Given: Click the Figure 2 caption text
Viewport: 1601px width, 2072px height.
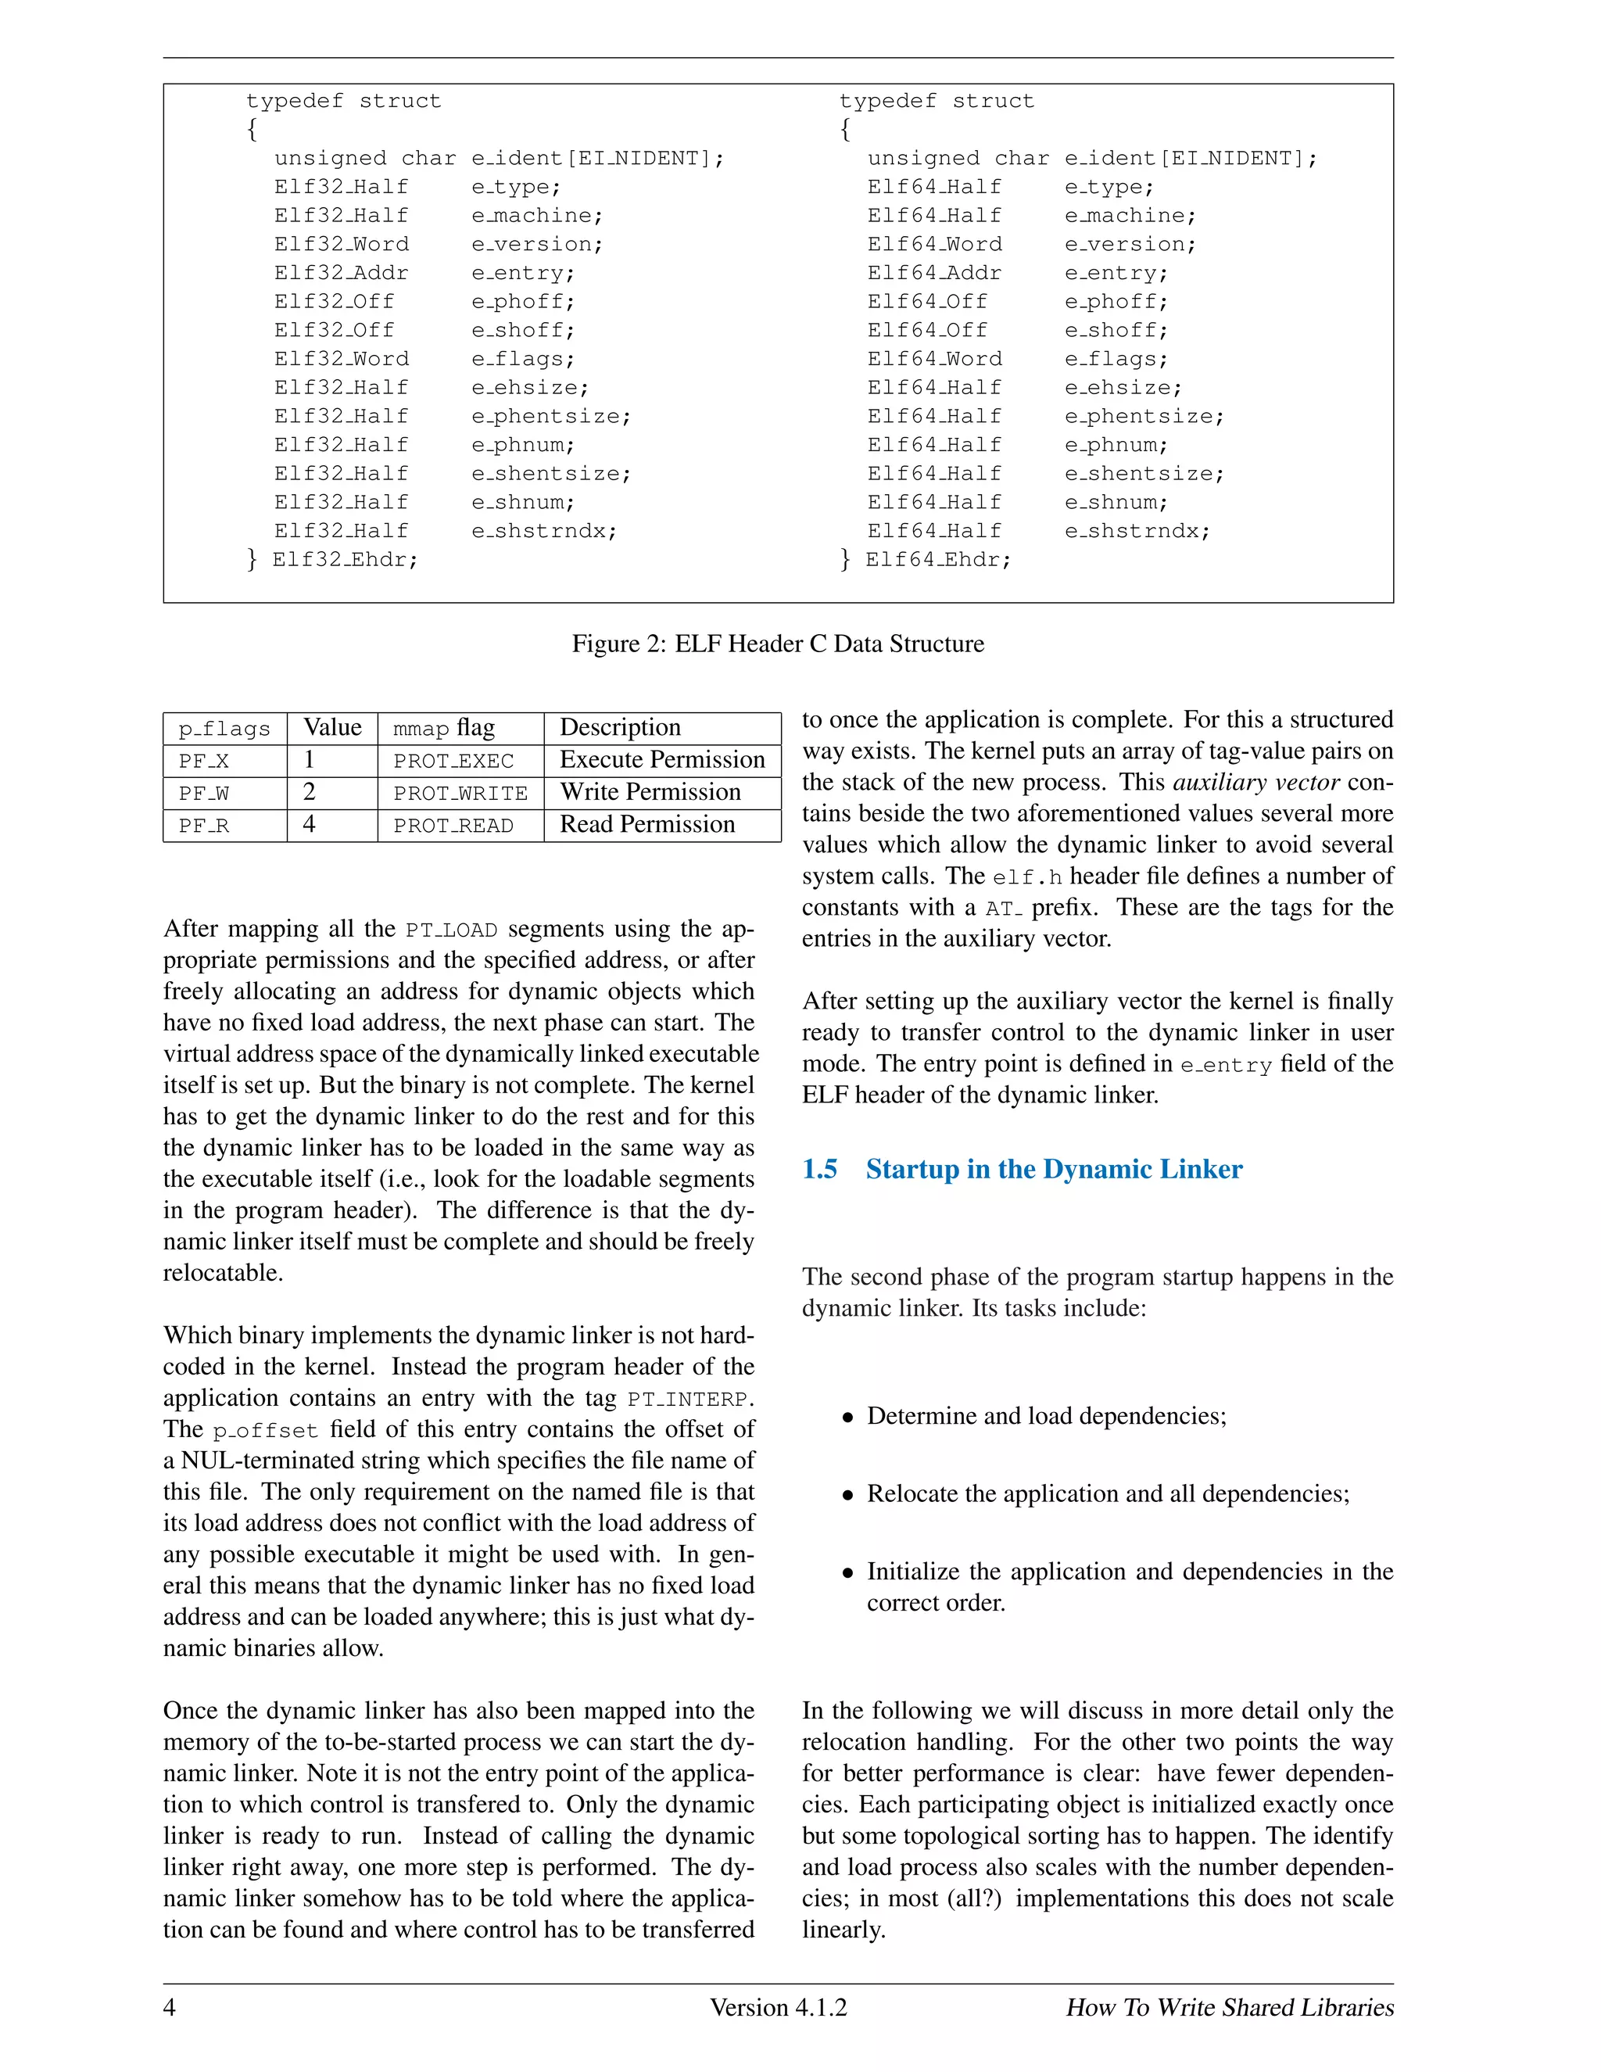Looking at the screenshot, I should click(778, 644).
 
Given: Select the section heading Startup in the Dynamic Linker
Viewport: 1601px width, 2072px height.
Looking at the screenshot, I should click(1053, 1169).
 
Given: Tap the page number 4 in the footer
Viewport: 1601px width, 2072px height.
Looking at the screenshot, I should click(170, 2007).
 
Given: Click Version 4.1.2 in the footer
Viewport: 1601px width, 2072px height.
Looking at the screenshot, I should click(778, 2007).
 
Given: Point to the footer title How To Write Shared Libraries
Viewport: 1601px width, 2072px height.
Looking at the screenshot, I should click(1229, 2007).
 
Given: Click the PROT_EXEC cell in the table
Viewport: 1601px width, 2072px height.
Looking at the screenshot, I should click(453, 762).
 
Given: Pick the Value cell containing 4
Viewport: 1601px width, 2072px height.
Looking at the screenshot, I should click(310, 824).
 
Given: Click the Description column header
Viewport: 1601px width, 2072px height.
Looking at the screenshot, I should click(620, 728).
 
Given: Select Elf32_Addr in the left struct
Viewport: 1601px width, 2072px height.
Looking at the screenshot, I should click(342, 273).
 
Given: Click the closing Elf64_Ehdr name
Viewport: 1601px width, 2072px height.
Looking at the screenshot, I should click(937, 560).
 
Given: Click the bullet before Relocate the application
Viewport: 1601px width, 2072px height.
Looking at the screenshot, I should click(848, 1496).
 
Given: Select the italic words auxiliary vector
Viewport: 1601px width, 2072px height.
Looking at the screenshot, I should click(1255, 783).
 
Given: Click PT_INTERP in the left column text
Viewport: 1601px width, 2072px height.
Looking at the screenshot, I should click(689, 1400).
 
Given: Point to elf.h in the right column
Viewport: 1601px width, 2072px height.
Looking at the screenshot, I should click(1027, 876).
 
